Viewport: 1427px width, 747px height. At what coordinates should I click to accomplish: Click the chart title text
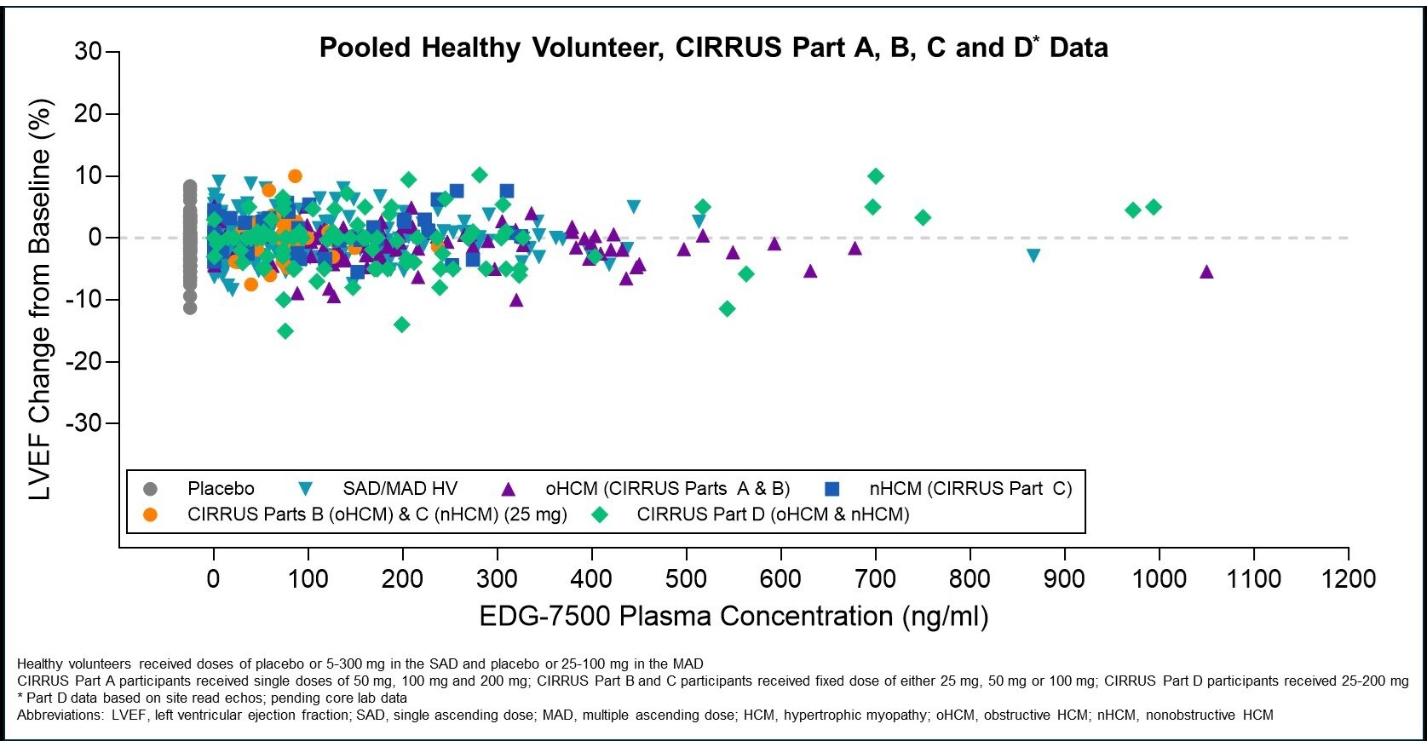(713, 48)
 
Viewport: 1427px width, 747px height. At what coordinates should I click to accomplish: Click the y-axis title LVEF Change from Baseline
(40, 298)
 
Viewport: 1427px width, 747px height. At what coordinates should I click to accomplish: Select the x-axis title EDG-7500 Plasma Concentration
(734, 616)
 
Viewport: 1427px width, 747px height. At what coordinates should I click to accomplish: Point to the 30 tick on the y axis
(88, 52)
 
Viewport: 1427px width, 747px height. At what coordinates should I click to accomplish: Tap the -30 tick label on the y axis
(84, 423)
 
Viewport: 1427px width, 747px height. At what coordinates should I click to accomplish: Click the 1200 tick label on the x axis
(1348, 579)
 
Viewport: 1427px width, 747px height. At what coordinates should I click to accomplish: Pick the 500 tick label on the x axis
(686, 579)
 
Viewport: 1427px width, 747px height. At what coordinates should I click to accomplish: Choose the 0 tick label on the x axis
(213, 579)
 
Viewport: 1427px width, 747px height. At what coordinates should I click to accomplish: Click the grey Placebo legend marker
(151, 489)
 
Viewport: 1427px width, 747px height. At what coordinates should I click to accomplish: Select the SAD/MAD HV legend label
(400, 489)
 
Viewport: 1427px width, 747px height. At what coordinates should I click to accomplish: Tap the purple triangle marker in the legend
(509, 489)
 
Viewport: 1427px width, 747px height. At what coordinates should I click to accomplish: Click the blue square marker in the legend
(832, 489)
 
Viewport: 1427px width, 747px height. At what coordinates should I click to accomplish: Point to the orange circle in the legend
(151, 514)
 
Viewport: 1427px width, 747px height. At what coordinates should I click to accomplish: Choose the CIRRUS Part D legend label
(773, 514)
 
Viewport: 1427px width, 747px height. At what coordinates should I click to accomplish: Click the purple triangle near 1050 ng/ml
(1206, 272)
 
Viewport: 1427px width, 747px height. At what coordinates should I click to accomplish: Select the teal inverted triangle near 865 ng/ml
(1033, 256)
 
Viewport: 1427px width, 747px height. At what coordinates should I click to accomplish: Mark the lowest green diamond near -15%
(285, 330)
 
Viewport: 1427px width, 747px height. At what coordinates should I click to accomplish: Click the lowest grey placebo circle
(190, 307)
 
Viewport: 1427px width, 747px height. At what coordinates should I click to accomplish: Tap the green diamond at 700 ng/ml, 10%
(876, 176)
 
